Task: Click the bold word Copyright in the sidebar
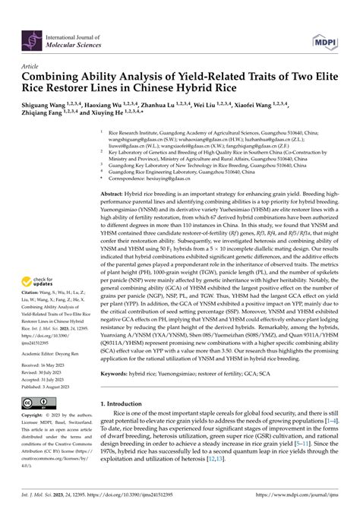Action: click(32, 415)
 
